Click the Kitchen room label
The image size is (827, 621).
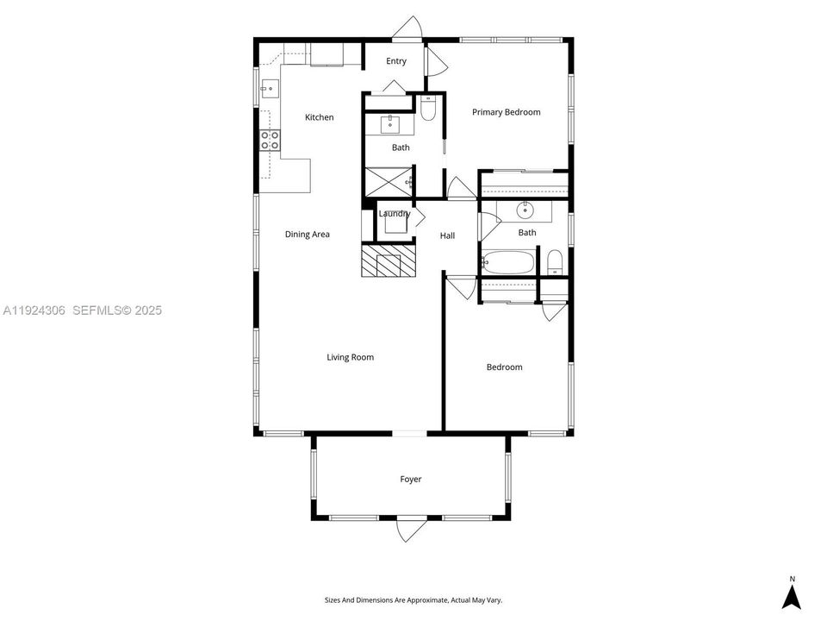click(x=319, y=117)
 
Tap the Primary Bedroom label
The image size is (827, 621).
click(x=506, y=112)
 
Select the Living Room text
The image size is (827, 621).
click(x=350, y=357)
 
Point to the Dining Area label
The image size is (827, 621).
click(x=308, y=234)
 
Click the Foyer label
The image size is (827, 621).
click(x=411, y=480)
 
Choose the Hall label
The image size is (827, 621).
click(x=447, y=235)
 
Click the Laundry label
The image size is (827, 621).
click(x=395, y=214)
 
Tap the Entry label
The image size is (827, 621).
click(x=396, y=61)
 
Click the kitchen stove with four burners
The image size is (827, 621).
click(x=270, y=140)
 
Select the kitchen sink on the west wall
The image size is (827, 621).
click(x=270, y=87)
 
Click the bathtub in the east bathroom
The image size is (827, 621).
click(x=508, y=261)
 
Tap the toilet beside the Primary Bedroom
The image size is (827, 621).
click(x=429, y=108)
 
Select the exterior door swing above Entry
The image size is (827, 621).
click(x=407, y=29)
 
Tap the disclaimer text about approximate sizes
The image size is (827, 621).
click(x=413, y=600)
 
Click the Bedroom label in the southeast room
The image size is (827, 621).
click(x=504, y=367)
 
